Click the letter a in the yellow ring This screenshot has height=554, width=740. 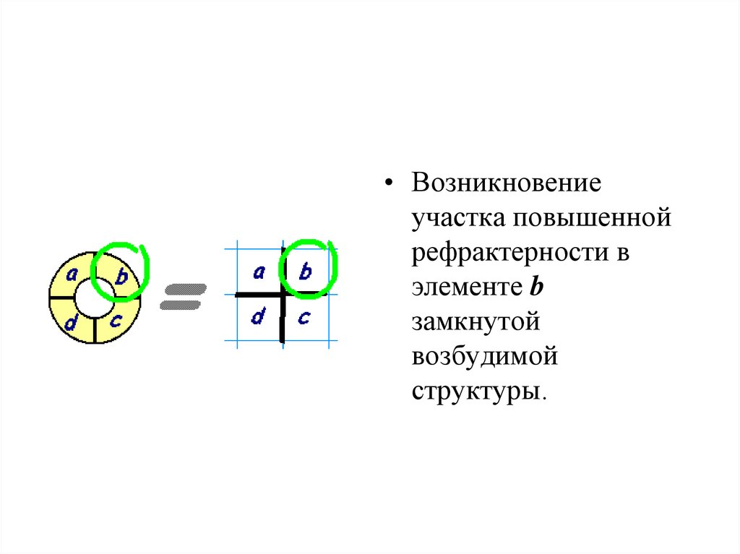point(72,274)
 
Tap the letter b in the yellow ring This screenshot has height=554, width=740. point(121,275)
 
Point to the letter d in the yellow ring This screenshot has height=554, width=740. point(71,323)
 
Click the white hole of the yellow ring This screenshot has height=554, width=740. point(95,298)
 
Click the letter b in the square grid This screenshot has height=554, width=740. point(305,272)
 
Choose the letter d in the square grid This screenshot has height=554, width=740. point(257,317)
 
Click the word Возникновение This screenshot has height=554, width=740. point(507,182)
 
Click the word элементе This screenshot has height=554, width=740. point(466,287)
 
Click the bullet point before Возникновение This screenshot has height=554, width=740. point(390,183)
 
